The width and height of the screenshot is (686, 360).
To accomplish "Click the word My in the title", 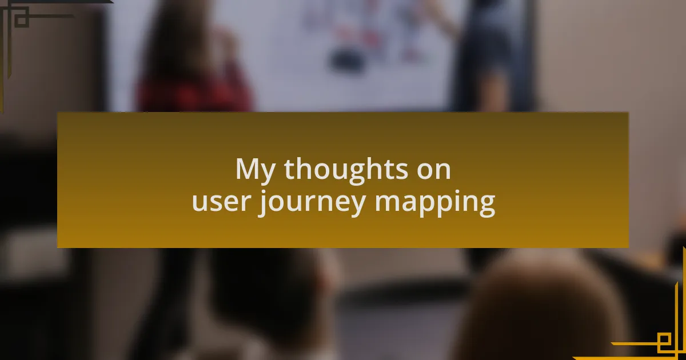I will [x=255, y=170].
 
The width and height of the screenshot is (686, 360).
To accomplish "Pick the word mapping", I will [x=435, y=203].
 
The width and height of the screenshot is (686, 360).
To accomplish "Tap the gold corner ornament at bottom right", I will [x=657, y=337].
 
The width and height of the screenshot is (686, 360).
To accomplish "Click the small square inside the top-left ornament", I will [x=21, y=19].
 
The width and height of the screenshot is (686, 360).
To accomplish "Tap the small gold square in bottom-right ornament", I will [x=665, y=342].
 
